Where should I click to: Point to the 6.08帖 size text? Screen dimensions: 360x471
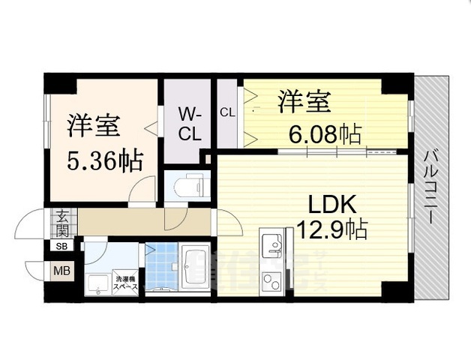(x=325, y=134)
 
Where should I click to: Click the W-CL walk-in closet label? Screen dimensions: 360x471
(x=188, y=124)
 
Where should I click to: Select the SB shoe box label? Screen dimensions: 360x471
(x=61, y=246)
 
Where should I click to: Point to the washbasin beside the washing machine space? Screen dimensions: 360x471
(x=97, y=283)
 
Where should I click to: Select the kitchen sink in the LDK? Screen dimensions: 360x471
(x=271, y=244)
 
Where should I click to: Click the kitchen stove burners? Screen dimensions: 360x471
(x=271, y=281)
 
